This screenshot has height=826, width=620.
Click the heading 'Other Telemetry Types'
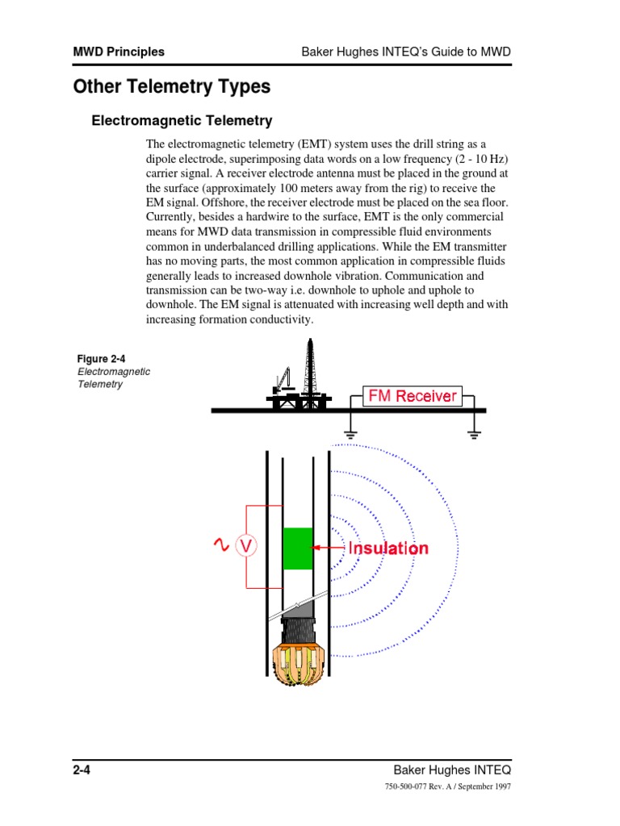click(171, 86)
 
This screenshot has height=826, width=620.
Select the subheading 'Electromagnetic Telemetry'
click(182, 121)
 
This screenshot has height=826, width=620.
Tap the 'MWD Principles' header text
click(119, 52)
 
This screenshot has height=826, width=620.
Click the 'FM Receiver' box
click(412, 395)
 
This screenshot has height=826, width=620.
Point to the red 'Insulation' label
click(388, 549)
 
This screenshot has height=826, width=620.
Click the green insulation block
click(298, 548)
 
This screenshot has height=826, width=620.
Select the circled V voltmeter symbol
click(246, 548)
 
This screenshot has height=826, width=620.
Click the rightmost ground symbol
click(474, 433)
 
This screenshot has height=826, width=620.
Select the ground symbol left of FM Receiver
click(350, 433)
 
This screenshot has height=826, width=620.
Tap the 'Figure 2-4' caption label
click(101, 358)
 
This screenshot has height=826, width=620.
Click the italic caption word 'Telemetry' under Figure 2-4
click(100, 384)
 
